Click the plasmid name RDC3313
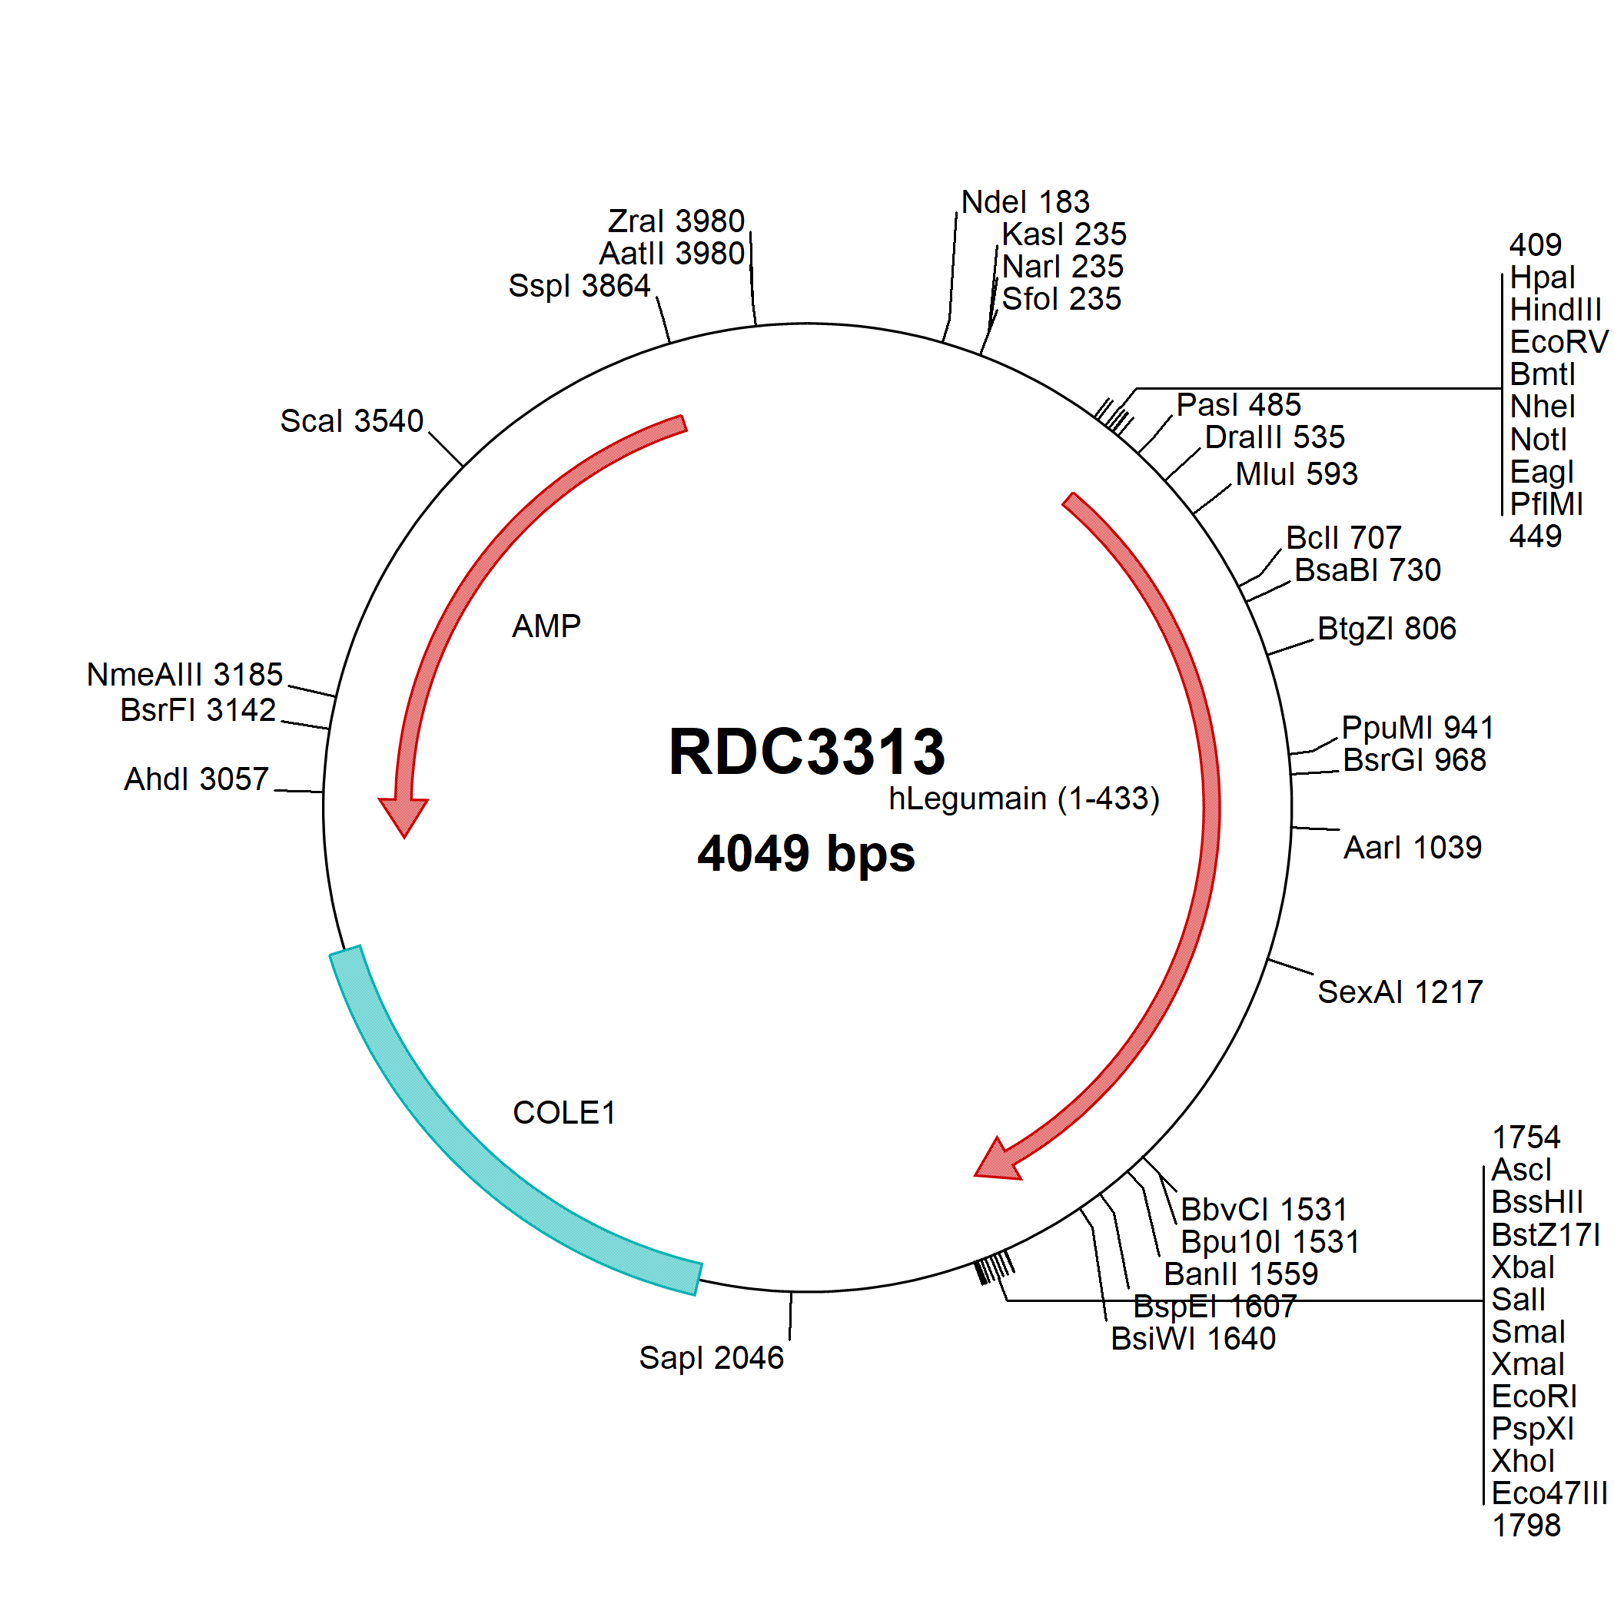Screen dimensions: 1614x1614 click(x=806, y=751)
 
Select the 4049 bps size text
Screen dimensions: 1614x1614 click(x=806, y=854)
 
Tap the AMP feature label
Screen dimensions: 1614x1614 click(x=546, y=626)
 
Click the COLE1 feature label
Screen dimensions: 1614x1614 click(x=564, y=1112)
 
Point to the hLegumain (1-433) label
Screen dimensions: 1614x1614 click(x=1025, y=799)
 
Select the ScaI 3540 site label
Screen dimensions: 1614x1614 click(x=352, y=421)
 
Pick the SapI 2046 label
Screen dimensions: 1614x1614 click(x=711, y=1357)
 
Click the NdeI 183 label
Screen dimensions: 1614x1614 click(x=1025, y=201)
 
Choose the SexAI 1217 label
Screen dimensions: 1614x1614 click(x=1400, y=991)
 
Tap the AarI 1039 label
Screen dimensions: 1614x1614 click(x=1413, y=847)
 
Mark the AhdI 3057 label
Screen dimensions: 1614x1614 click(x=196, y=779)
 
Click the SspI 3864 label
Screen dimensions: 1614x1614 click(x=579, y=286)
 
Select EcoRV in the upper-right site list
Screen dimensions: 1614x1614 click(x=1559, y=342)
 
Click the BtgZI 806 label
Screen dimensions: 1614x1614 click(x=1387, y=628)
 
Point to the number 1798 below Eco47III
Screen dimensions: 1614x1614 click(x=1526, y=1526)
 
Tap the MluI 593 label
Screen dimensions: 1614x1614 click(x=1297, y=473)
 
